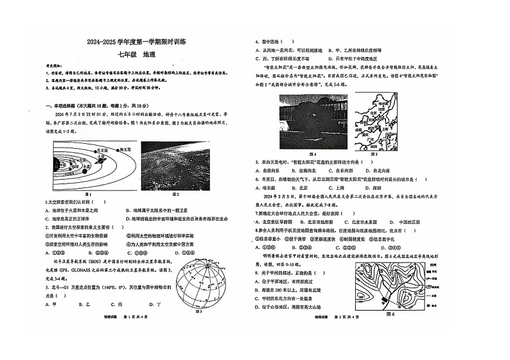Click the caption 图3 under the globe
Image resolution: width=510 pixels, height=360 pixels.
point(198,311)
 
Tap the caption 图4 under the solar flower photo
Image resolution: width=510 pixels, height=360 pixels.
point(312,154)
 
